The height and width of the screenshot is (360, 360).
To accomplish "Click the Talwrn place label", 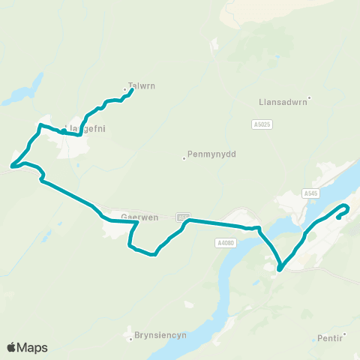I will click(x=142, y=85).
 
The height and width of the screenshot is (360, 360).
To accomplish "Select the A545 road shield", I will click(x=312, y=193).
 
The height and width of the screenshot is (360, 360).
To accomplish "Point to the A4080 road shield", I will click(x=225, y=242).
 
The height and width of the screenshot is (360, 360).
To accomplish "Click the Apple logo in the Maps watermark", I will click(x=11, y=347).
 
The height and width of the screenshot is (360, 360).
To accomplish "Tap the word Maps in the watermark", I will click(x=33, y=347).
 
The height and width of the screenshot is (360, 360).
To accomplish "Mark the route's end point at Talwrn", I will click(x=132, y=91).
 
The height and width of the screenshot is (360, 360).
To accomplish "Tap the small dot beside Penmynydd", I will click(x=184, y=157).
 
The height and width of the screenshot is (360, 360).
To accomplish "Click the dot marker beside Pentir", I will click(x=344, y=334).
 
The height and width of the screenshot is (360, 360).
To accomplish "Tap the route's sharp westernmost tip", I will click(x=11, y=166).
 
